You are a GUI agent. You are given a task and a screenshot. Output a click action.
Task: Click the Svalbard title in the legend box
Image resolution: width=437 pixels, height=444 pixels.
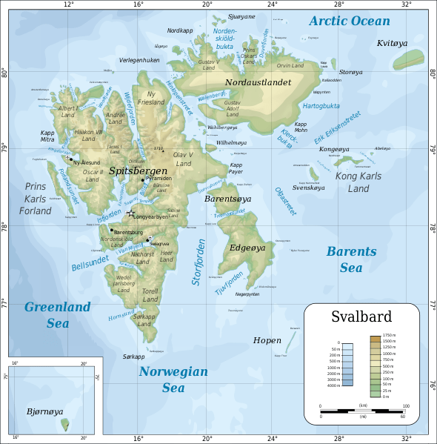[x=361, y=318]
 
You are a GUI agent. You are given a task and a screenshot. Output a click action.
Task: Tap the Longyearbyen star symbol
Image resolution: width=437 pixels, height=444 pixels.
[x=131, y=213]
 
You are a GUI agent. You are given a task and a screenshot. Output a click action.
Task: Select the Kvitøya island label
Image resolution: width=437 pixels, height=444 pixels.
[x=393, y=44]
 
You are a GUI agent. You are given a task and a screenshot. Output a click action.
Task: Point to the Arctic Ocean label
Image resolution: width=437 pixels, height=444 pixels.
[x=349, y=21]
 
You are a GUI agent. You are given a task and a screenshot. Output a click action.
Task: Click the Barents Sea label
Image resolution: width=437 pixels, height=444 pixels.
[x=351, y=259]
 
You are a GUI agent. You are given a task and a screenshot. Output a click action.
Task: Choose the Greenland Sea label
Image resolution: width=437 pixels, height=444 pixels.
[x=58, y=314]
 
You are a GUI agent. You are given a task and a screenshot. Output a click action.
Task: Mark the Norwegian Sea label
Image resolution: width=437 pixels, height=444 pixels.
[x=173, y=379]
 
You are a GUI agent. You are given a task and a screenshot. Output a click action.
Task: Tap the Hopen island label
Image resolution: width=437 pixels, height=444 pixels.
[x=267, y=340]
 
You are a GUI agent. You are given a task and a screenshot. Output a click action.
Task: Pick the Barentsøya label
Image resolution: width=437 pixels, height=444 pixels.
[x=228, y=199]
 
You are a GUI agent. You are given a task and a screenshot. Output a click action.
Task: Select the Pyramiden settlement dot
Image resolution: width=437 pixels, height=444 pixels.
[x=142, y=179]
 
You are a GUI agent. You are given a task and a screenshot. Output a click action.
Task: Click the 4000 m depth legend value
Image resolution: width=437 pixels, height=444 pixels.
[x=333, y=385]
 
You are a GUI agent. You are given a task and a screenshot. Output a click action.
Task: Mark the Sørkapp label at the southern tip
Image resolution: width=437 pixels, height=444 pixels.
[x=133, y=357]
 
